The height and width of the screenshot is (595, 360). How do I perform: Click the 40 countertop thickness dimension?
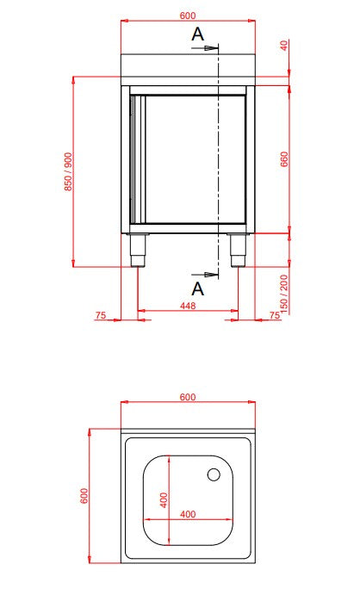click(284, 46)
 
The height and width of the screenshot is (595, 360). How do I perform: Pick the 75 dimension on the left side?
click(100, 316)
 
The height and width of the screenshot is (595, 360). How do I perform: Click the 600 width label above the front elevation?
click(188, 14)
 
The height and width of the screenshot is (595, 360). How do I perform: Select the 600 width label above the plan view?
click(188, 397)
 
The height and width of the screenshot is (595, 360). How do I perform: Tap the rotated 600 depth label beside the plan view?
click(84, 496)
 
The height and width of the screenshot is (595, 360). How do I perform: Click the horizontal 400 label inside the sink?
click(188, 514)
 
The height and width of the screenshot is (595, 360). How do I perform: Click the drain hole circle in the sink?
click(214, 473)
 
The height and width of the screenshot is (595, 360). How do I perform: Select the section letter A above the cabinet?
click(197, 34)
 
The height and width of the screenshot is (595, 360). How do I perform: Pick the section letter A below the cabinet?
click(197, 286)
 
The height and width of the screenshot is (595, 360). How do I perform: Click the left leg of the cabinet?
click(137, 251)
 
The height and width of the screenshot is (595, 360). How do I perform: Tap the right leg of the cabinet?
click(238, 251)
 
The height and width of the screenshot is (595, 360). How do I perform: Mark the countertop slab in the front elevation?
click(188, 65)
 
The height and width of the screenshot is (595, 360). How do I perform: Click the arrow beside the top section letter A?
click(212, 49)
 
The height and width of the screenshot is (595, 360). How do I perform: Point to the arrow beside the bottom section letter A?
click(212, 275)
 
